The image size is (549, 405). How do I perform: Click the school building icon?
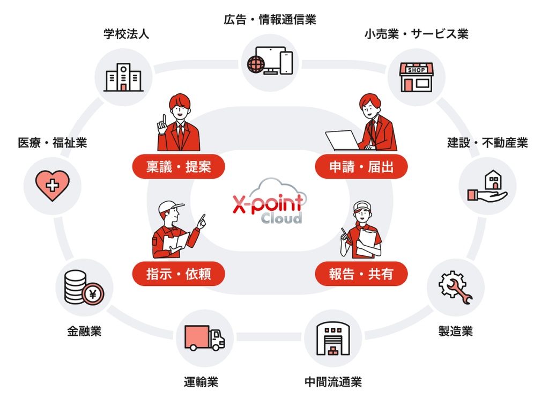click(x=123, y=77)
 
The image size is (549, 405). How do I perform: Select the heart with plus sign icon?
click(x=52, y=185)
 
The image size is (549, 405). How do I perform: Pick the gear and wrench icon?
click(x=455, y=288)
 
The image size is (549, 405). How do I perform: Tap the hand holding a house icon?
click(x=487, y=187)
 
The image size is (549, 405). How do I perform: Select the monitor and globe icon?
click(x=270, y=61)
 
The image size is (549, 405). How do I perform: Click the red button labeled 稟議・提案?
click(x=179, y=167)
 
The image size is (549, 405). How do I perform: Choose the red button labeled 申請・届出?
click(x=361, y=167)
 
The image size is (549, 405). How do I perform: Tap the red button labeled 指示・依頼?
click(x=179, y=274)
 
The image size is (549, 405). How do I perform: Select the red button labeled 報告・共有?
click(x=361, y=274)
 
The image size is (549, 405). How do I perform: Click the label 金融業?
click(x=84, y=331)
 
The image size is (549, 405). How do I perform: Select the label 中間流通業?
click(x=333, y=382)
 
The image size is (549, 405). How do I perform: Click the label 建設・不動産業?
click(x=487, y=143)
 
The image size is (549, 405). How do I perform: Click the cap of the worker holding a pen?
click(x=362, y=206)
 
